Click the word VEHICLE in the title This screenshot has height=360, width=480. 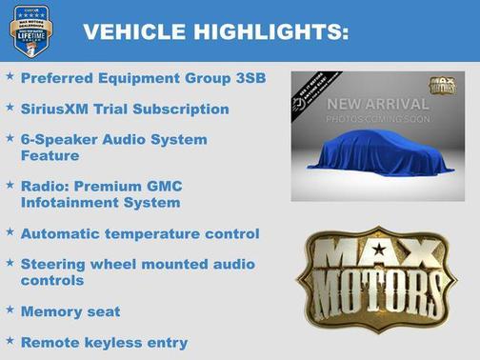click(x=130, y=32)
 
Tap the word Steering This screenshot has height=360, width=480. click(x=54, y=264)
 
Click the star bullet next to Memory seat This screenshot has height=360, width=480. click(x=10, y=310)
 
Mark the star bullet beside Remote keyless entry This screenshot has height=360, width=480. click(x=10, y=341)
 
